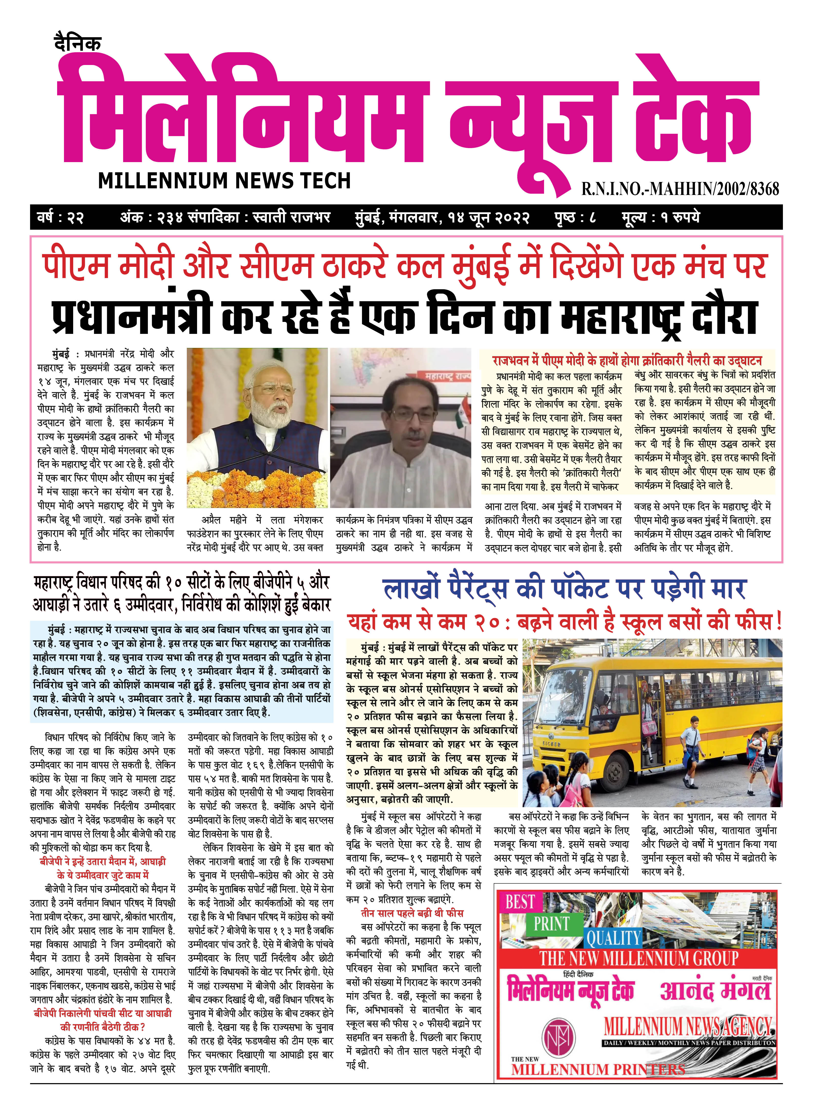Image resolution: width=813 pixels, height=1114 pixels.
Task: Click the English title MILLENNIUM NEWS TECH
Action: coord(224,181)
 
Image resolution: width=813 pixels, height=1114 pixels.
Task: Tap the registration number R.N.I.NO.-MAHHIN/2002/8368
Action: coord(680,188)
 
